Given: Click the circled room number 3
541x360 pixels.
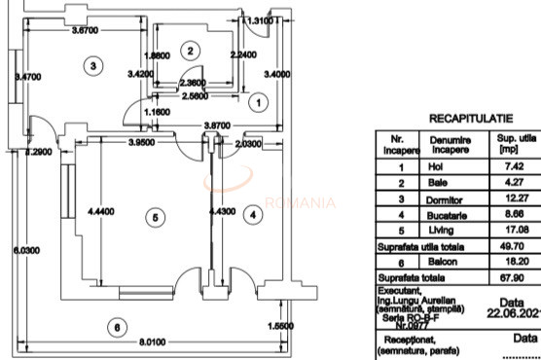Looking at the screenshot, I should [x=93, y=66].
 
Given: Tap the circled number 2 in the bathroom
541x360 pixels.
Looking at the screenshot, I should [x=192, y=50].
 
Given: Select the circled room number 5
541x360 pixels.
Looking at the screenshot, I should [x=152, y=217].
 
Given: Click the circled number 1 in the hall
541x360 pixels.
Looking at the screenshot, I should [x=257, y=99].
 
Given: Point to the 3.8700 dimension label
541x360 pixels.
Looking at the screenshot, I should [x=219, y=126].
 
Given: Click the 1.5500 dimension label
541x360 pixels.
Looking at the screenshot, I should [x=280, y=327].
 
